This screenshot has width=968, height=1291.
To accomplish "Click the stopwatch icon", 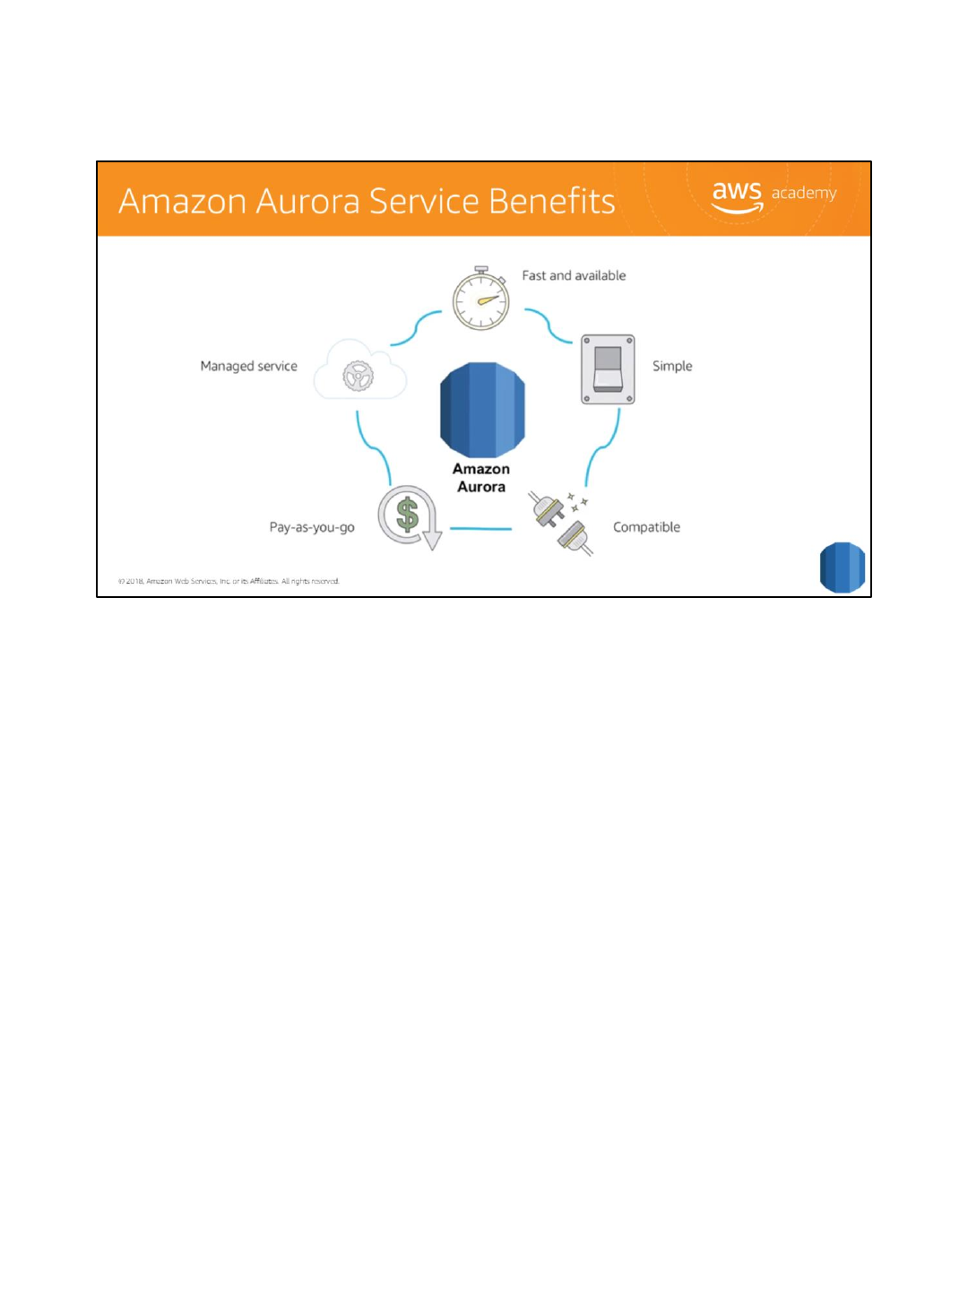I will click(x=480, y=299).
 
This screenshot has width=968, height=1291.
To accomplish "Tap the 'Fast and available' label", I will click(x=574, y=276).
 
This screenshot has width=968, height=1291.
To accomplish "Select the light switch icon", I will click(x=608, y=369).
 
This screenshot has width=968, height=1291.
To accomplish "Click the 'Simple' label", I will click(x=672, y=366).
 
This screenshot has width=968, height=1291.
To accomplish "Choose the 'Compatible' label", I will click(x=646, y=527).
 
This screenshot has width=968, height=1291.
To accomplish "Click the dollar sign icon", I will click(x=408, y=516).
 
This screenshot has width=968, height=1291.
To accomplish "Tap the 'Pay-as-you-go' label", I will click(x=312, y=527).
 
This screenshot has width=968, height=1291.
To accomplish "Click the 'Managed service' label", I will click(x=248, y=366).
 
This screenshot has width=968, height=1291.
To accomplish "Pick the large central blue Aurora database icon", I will click(x=482, y=410).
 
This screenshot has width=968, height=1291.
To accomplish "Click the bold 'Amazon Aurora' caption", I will click(x=481, y=478).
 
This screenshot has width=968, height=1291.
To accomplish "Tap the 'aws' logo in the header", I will click(x=737, y=195).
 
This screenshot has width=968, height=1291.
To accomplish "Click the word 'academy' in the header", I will click(x=804, y=193).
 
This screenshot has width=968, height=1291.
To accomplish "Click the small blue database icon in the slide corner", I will click(x=842, y=568).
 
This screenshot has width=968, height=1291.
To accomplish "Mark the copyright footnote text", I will click(x=229, y=581).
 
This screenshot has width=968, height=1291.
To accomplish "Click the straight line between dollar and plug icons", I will click(x=480, y=529).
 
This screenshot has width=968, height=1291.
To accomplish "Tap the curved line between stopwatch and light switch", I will click(x=549, y=325).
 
